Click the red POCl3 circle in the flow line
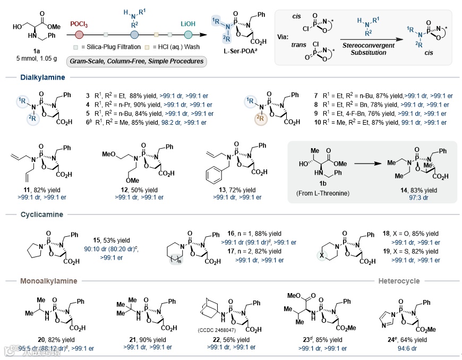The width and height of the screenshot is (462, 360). tap(79, 34)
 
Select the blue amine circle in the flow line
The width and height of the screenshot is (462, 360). tap(134, 34)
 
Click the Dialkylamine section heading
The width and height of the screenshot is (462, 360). tap(42, 78)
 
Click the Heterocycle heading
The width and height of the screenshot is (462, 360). tap(399, 281)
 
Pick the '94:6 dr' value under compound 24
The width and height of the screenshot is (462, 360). tap(408, 348)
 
